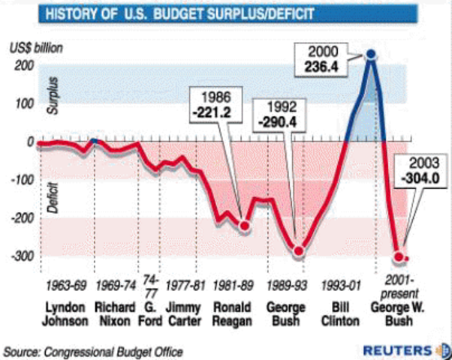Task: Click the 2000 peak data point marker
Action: click(x=369, y=55)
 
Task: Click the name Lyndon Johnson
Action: click(x=65, y=314)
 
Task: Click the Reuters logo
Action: click(x=405, y=349)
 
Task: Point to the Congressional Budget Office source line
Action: click(x=93, y=350)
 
